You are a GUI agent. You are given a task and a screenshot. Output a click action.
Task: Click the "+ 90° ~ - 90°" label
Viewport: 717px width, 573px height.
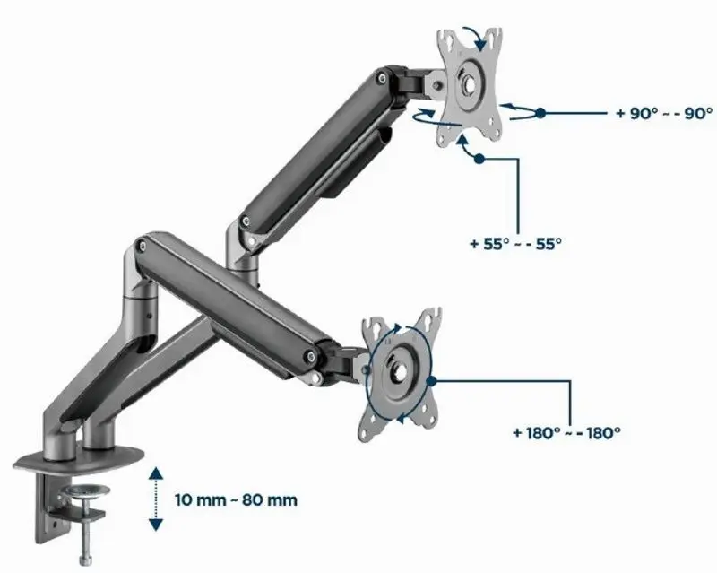coord(664,113)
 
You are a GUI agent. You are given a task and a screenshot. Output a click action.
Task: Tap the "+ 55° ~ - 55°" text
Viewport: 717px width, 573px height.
coord(515,244)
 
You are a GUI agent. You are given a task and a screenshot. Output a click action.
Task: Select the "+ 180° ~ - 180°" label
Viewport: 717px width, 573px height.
coord(566,432)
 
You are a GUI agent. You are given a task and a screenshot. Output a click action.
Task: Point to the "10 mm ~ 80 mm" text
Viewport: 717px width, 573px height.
coord(236,499)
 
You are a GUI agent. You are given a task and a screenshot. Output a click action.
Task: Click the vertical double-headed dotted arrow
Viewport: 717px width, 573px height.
coord(156,499)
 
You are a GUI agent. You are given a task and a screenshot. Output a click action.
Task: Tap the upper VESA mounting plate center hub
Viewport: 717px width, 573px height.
coord(467,83)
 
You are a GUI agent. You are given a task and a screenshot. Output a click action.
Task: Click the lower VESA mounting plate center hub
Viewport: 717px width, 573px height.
coord(399,371)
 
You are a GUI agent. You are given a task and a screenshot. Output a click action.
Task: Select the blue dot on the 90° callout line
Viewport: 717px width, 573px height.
coord(540,113)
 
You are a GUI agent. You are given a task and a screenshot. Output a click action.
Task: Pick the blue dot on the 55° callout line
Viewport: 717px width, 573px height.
coord(479,159)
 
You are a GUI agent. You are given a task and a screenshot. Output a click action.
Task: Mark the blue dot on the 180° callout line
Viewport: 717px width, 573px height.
coord(431,381)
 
